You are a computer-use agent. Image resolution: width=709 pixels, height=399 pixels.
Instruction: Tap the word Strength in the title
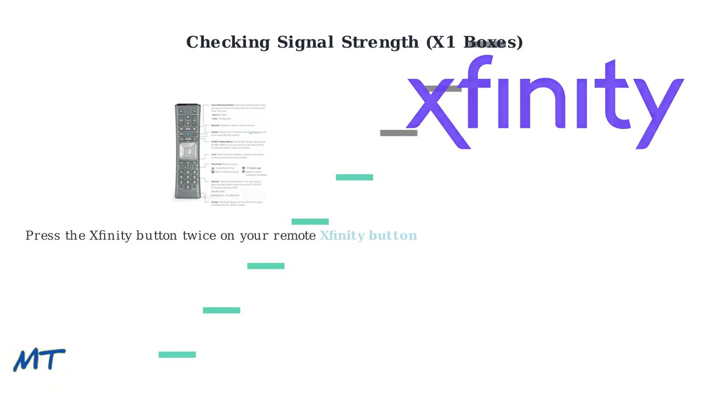click(x=380, y=43)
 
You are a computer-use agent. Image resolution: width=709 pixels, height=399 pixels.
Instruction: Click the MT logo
click(x=39, y=360)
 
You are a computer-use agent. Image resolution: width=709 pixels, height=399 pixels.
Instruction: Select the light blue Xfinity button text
click(x=368, y=236)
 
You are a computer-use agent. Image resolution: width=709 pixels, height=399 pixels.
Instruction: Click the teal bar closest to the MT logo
click(x=177, y=355)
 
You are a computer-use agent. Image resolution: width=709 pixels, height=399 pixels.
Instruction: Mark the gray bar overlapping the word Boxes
click(x=487, y=44)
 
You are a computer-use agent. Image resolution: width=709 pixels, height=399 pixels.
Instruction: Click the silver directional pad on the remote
click(x=188, y=151)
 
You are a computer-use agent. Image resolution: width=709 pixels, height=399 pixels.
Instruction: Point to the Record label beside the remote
click(x=215, y=125)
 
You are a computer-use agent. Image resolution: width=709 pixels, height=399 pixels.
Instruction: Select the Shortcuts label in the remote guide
click(x=217, y=164)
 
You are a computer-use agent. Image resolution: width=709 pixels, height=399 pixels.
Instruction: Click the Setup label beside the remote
click(x=214, y=202)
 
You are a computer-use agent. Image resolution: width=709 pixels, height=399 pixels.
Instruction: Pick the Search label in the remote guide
click(x=215, y=181)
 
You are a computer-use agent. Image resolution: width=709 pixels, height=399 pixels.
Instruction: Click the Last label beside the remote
click(x=214, y=155)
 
